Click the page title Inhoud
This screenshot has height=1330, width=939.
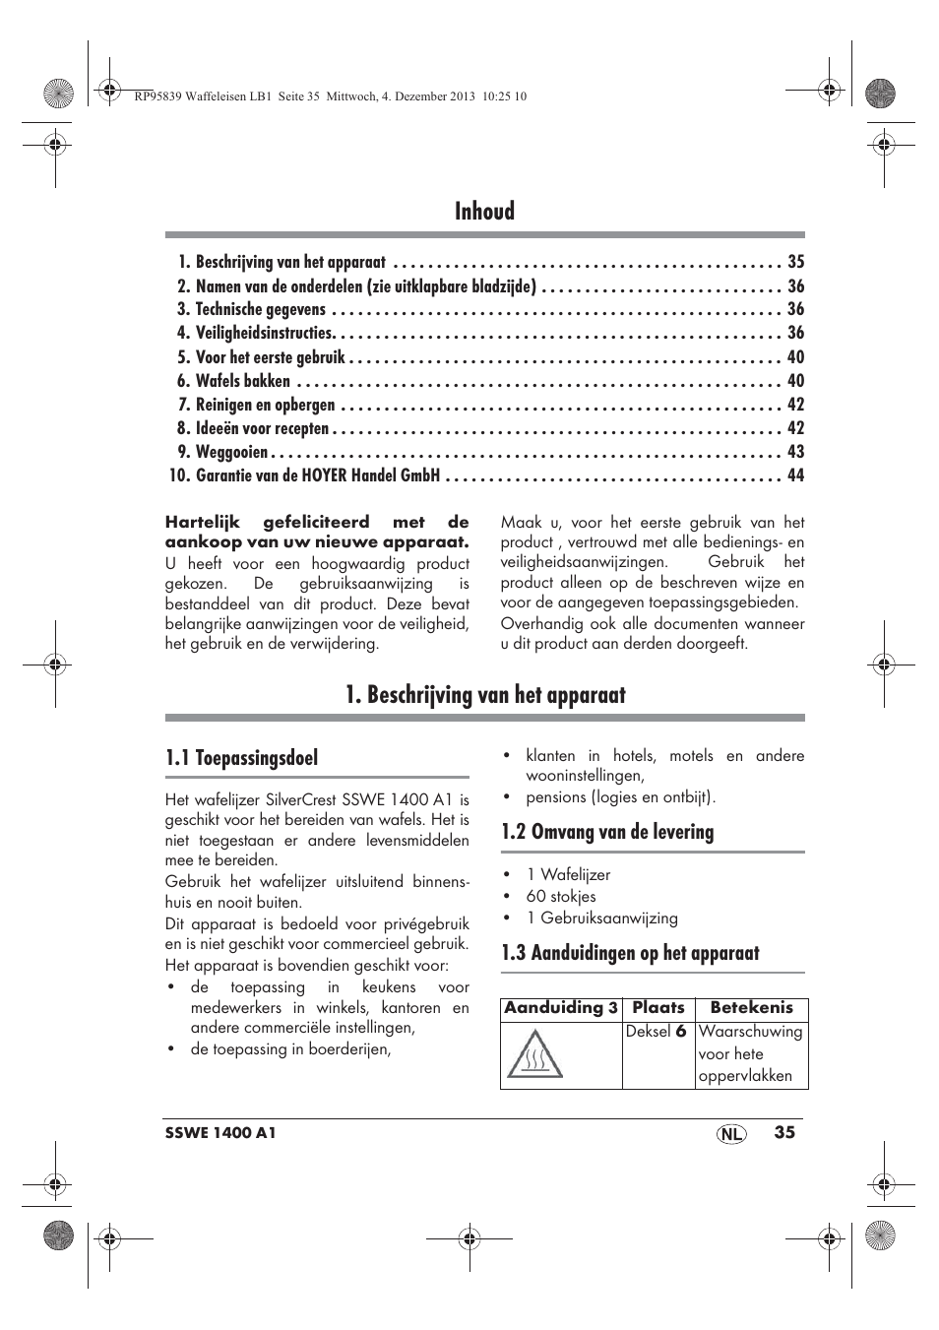[484, 211]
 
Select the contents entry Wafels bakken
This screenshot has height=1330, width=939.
[243, 381]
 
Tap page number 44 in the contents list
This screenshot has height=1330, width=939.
[795, 475]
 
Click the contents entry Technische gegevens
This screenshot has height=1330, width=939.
[260, 309]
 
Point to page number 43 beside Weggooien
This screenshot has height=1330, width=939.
[795, 452]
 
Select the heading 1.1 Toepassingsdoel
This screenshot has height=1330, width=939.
[242, 758]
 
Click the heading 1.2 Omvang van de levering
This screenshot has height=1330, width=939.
[607, 832]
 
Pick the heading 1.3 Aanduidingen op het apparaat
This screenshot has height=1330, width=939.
[630, 953]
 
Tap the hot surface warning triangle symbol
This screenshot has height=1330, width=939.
[534, 1054]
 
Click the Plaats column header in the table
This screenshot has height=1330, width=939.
[657, 1008]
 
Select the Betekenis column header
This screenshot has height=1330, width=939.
[751, 1008]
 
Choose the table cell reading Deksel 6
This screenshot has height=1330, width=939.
[656, 1032]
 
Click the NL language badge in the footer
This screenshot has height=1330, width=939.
[730, 1134]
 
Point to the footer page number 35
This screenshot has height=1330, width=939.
[783, 1132]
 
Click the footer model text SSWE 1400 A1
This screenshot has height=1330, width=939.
[220, 1133]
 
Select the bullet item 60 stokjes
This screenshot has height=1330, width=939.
[560, 897]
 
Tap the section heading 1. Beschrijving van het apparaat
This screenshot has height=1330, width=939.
[485, 694]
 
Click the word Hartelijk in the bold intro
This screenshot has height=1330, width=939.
[204, 523]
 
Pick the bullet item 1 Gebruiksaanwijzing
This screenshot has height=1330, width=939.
[601, 918]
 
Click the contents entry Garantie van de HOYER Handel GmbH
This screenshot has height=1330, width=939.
[317, 475]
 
